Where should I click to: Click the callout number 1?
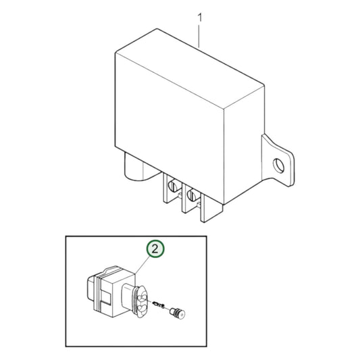click(x=200, y=14)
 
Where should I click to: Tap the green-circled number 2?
click(x=156, y=249)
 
